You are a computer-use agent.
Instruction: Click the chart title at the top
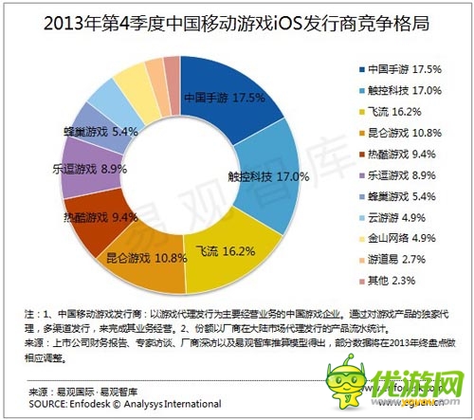point(236,20)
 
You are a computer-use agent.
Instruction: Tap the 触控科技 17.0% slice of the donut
point(257,174)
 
